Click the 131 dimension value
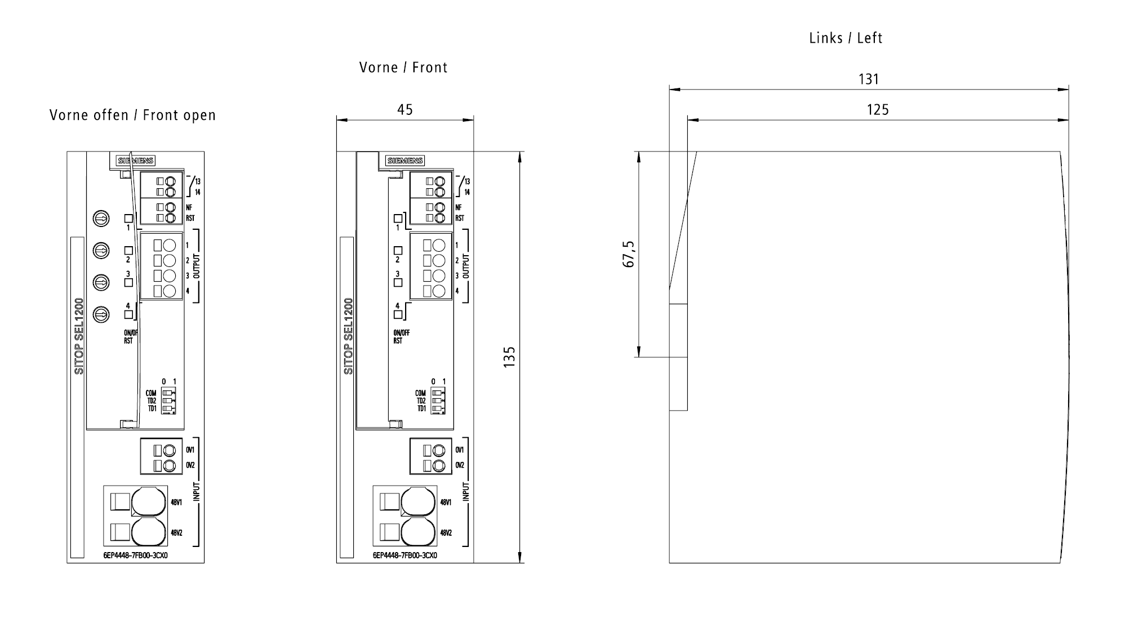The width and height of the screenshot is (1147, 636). pos(868,79)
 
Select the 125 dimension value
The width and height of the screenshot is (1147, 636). pos(877,110)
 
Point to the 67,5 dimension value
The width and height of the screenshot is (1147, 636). pos(629,254)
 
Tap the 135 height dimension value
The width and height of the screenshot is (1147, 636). pos(509,357)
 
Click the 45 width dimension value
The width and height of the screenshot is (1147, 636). pos(404,109)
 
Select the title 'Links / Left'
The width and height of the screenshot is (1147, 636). pos(846,38)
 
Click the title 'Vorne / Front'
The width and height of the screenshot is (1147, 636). pos(403,68)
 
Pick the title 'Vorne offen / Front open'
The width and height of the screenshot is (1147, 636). pos(132,115)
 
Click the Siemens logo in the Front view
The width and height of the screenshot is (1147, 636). pos(405,161)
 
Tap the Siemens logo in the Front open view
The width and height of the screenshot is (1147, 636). pos(136,161)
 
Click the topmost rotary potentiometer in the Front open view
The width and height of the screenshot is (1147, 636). pos(101,218)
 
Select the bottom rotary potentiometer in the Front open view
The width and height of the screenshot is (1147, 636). pos(101,314)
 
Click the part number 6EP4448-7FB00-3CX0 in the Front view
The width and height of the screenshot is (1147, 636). pos(404,555)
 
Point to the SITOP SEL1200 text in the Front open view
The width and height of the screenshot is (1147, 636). pos(79,336)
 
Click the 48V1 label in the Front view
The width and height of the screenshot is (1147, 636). pos(446,502)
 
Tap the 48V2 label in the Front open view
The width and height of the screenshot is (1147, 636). pos(176,533)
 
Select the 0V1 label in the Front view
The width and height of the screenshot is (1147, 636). pos(460,450)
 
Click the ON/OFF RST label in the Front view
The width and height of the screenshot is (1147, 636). pos(401,337)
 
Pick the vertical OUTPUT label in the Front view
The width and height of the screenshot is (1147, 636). pos(466,266)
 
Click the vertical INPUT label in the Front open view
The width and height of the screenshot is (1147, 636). pos(197,492)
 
